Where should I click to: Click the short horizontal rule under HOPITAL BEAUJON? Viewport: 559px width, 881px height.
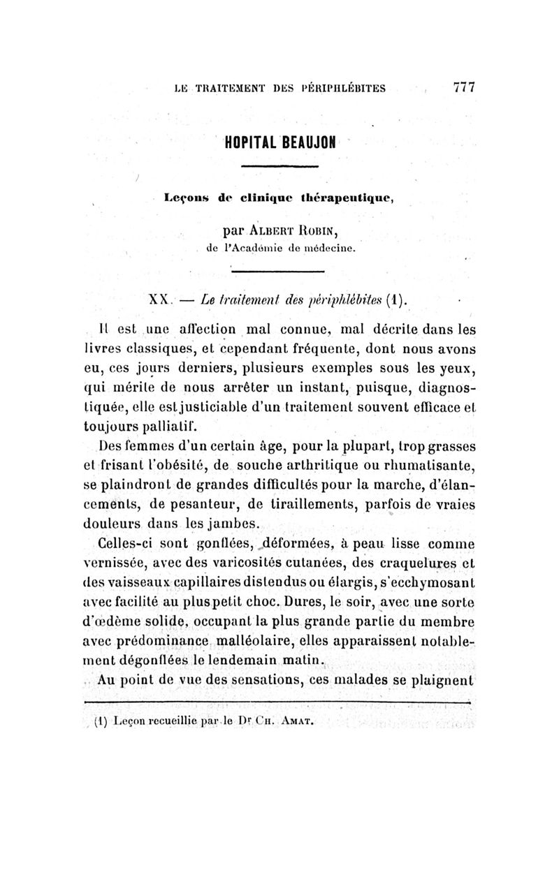click(280, 166)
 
